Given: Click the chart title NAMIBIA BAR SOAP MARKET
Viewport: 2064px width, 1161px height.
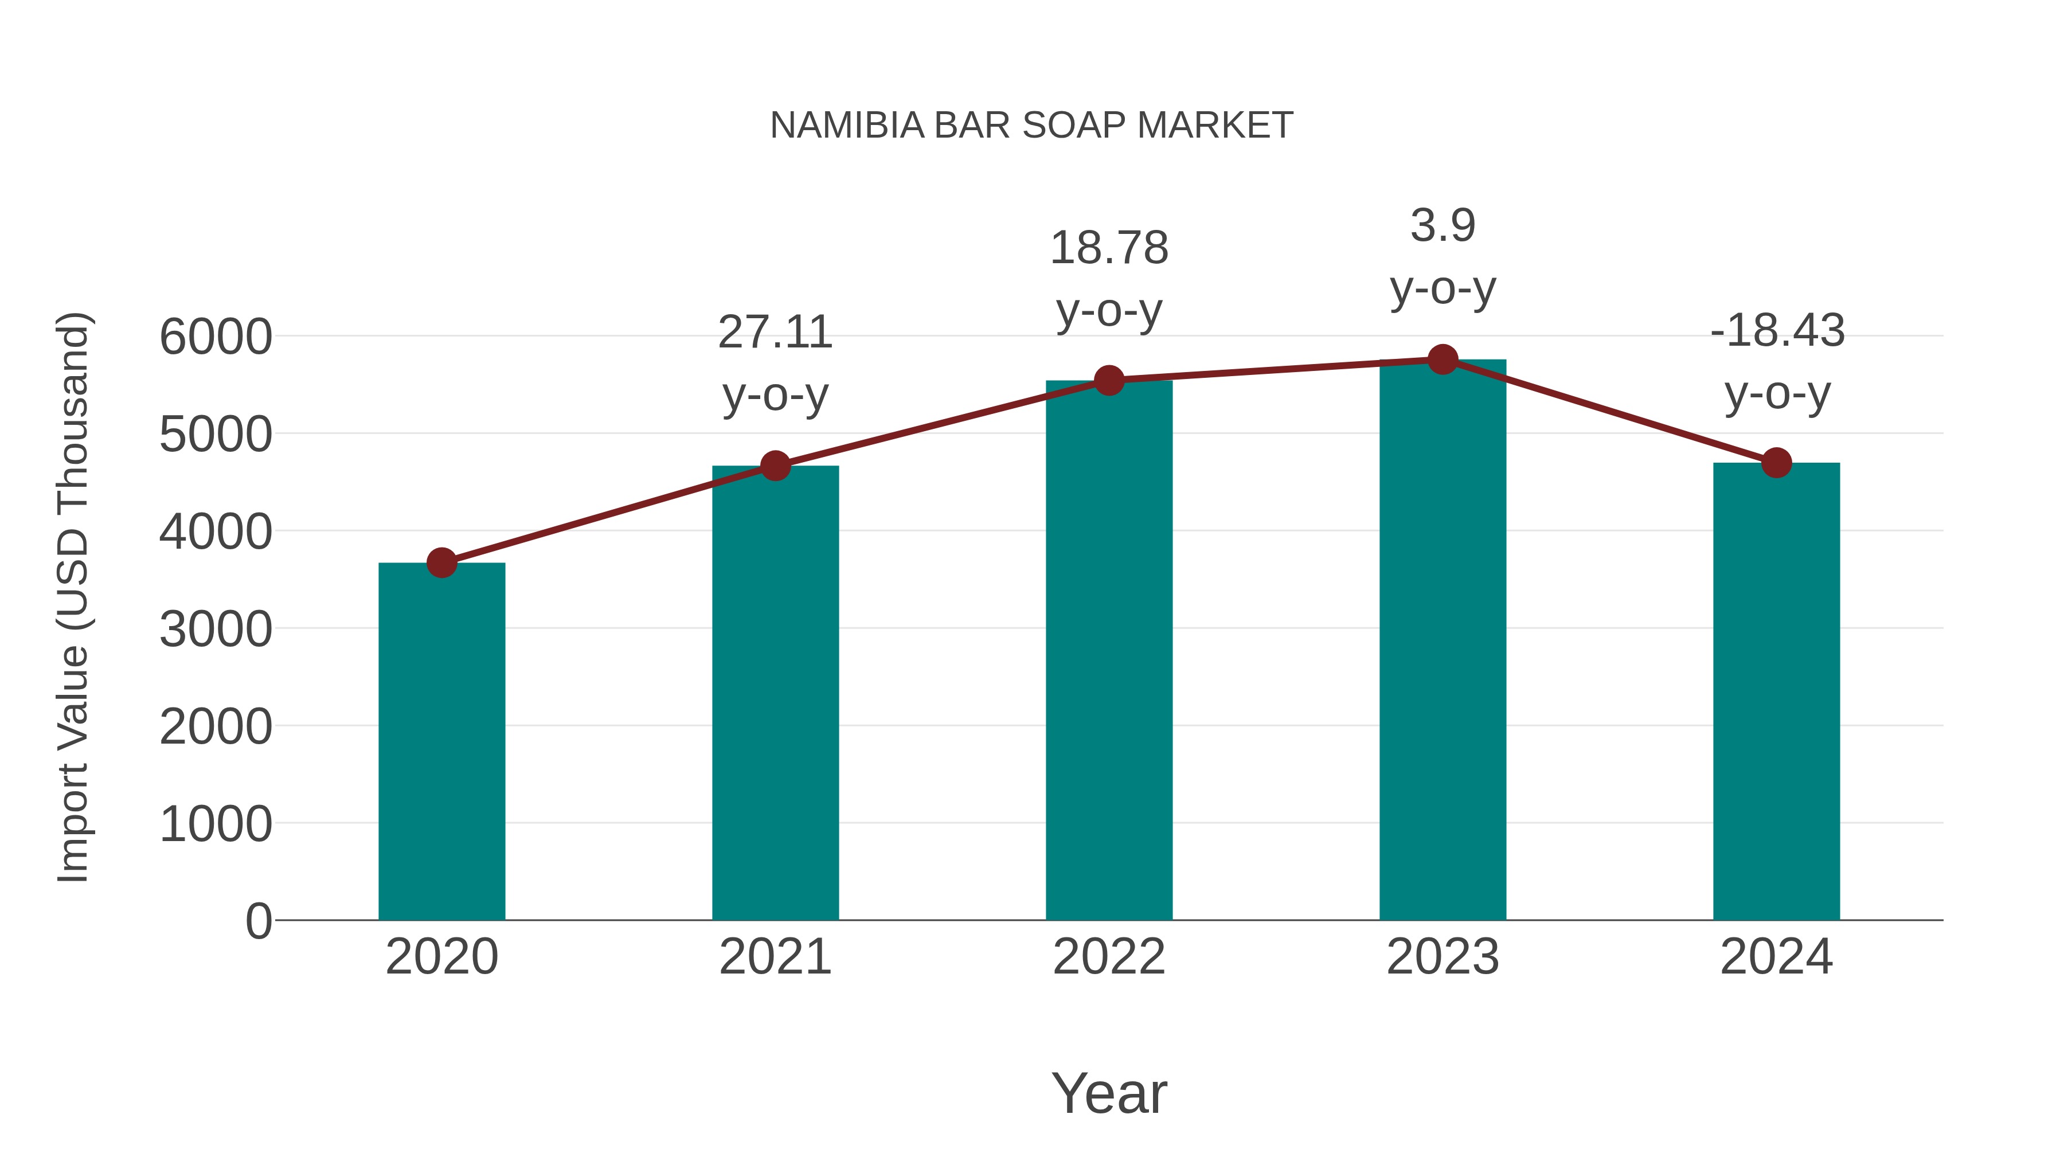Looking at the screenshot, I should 1031,126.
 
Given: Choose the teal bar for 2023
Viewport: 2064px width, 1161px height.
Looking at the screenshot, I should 1443,641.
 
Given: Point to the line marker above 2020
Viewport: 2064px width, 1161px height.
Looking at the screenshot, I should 441,562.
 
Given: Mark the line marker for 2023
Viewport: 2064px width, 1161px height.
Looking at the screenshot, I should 1443,359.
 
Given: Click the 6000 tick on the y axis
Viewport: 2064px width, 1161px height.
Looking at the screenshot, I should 216,337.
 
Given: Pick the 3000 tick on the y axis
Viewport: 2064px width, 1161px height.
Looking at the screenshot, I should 216,629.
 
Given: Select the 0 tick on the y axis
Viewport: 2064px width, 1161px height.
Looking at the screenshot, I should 258,921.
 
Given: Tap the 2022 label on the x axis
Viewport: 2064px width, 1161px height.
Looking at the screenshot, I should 1109,957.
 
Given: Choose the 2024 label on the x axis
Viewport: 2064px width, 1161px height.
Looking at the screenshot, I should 1776,957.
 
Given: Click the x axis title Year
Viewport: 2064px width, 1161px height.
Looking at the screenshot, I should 1109,1093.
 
